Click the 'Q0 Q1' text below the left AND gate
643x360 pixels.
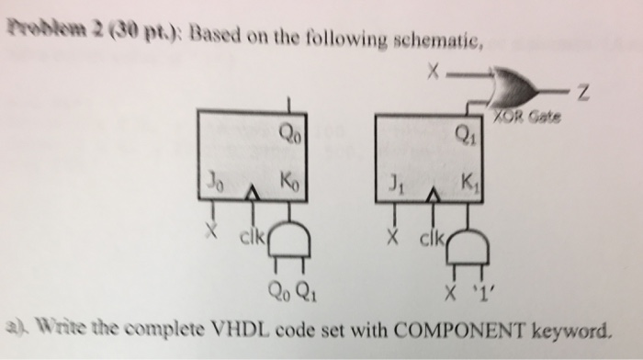(287, 296)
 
